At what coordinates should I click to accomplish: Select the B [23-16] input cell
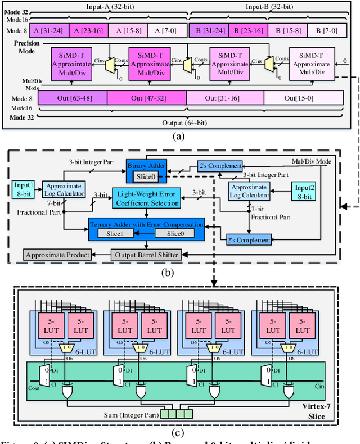246,30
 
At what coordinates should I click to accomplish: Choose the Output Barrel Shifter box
147,254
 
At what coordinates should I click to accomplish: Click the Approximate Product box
57,255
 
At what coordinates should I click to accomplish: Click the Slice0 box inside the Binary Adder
146,177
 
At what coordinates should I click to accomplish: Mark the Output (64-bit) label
179,124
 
